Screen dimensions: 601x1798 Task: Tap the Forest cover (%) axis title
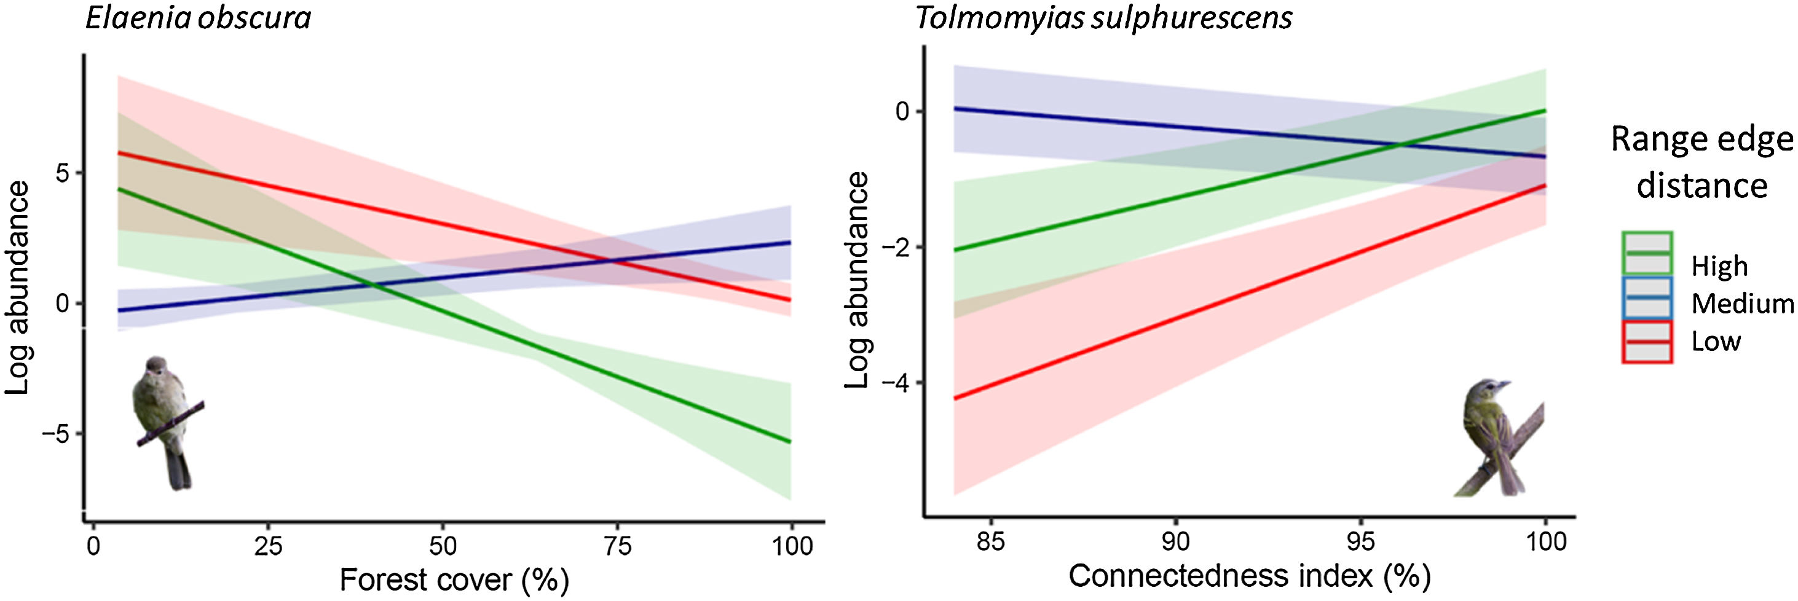pyautogui.click(x=454, y=579)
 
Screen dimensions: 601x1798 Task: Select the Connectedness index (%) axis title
pyautogui.click(x=1250, y=576)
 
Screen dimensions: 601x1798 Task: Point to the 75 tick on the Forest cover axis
pyautogui.click(x=617, y=545)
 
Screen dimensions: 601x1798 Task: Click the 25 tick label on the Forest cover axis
pyautogui.click(x=268, y=545)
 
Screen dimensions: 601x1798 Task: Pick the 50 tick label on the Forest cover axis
pyautogui.click(x=443, y=545)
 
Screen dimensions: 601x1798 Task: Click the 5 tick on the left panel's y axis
pyautogui.click(x=63, y=173)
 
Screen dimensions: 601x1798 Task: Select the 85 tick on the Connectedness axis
pyautogui.click(x=990, y=541)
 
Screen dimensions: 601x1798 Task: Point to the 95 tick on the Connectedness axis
pyautogui.click(x=1360, y=541)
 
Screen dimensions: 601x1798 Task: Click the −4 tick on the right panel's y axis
pyautogui.click(x=896, y=382)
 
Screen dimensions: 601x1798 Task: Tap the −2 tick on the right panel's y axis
pyautogui.click(x=896, y=247)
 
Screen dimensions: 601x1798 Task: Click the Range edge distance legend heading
pyautogui.click(x=1701, y=162)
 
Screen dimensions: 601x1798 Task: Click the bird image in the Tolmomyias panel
pyautogui.click(x=1500, y=440)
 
